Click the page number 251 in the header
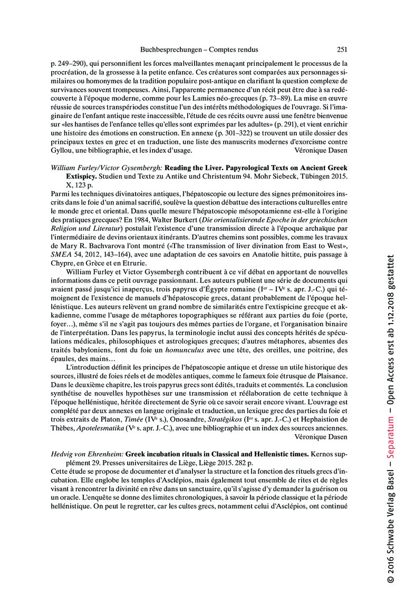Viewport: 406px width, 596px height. (x=342, y=50)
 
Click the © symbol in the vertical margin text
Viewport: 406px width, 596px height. (x=390, y=579)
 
